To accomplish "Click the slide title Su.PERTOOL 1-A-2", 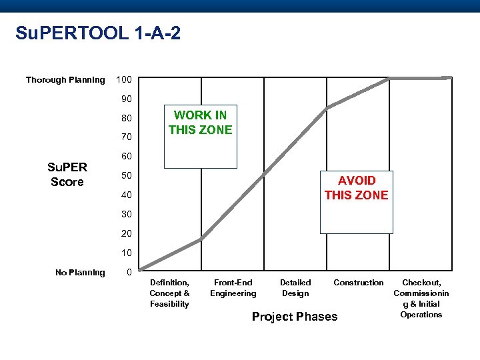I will tap(98, 33).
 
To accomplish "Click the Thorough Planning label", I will tap(65, 80).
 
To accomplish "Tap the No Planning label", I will tap(80, 272).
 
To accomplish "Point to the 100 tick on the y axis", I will tap(124, 80).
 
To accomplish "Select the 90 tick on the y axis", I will tap(126, 99).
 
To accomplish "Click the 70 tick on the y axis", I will tap(126, 137).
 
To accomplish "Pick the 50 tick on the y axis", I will tap(126, 176).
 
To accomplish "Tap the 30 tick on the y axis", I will tap(126, 214).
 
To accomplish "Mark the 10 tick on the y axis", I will tap(126, 253).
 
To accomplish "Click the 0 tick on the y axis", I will tap(129, 272).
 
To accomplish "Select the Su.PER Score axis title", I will tap(67, 175).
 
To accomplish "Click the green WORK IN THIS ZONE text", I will tap(201, 123).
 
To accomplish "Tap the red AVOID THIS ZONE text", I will tap(356, 188).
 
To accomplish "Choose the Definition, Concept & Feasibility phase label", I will tap(169, 293).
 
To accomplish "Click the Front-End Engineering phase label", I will tap(233, 288).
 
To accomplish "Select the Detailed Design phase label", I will tap(295, 288).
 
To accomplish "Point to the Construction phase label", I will tap(359, 283).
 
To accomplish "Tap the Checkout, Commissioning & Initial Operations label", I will tap(421, 299).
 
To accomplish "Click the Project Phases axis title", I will tap(295, 317).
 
